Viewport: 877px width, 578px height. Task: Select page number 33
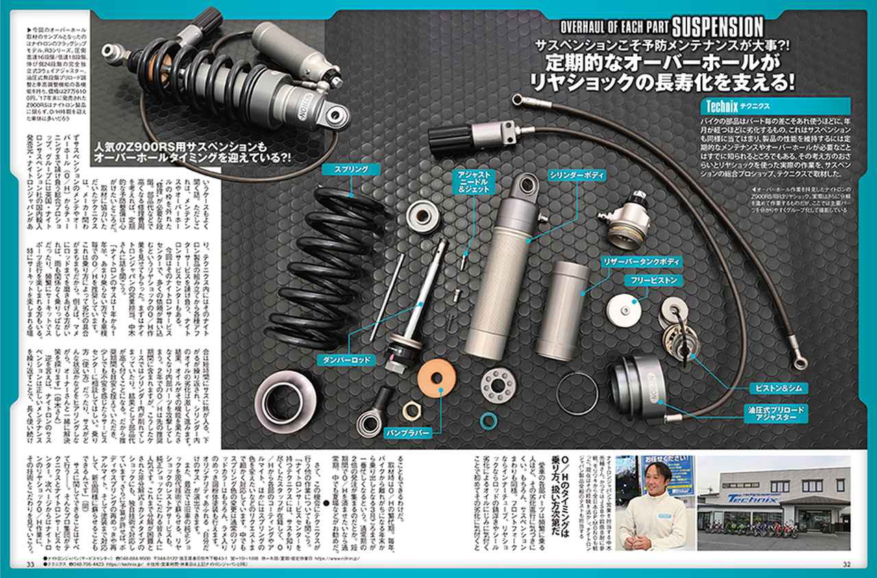tap(30, 564)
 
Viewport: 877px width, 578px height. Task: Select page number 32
tap(846, 564)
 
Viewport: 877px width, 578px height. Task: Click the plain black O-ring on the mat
tap(578, 394)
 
